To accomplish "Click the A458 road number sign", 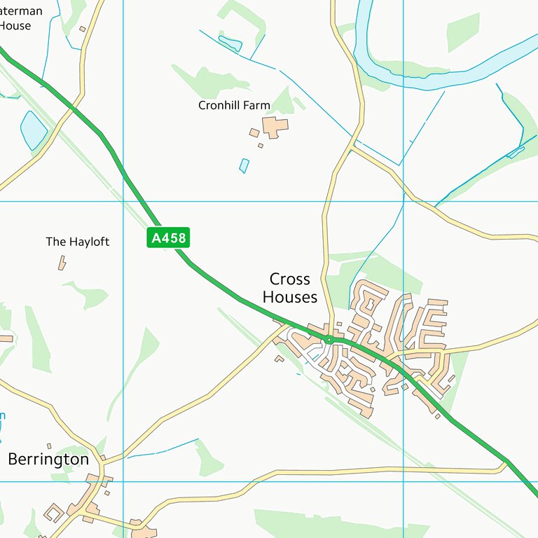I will [169, 238].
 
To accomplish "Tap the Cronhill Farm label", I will [234, 106].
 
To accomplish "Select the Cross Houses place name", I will [290, 289].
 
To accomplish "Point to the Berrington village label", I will [48, 460].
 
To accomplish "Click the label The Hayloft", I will [78, 242].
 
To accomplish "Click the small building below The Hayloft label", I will [62, 263].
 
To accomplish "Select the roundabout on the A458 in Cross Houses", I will [329, 340].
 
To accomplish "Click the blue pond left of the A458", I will [34, 130].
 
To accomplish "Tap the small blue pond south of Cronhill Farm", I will [244, 165].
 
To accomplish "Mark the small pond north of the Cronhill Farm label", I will [230, 43].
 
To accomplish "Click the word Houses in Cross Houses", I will [290, 298].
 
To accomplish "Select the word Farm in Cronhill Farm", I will [256, 106].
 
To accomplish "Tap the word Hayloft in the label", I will [89, 242].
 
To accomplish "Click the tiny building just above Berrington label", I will [49, 446].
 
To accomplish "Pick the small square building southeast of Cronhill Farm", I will [261, 146].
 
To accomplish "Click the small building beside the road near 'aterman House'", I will [82, 29].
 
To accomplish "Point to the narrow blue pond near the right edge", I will [516, 152].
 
